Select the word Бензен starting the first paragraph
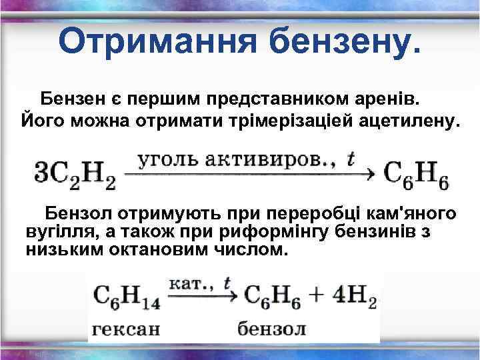point(73,99)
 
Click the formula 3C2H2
point(74,175)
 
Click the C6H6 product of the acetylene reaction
point(416,175)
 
